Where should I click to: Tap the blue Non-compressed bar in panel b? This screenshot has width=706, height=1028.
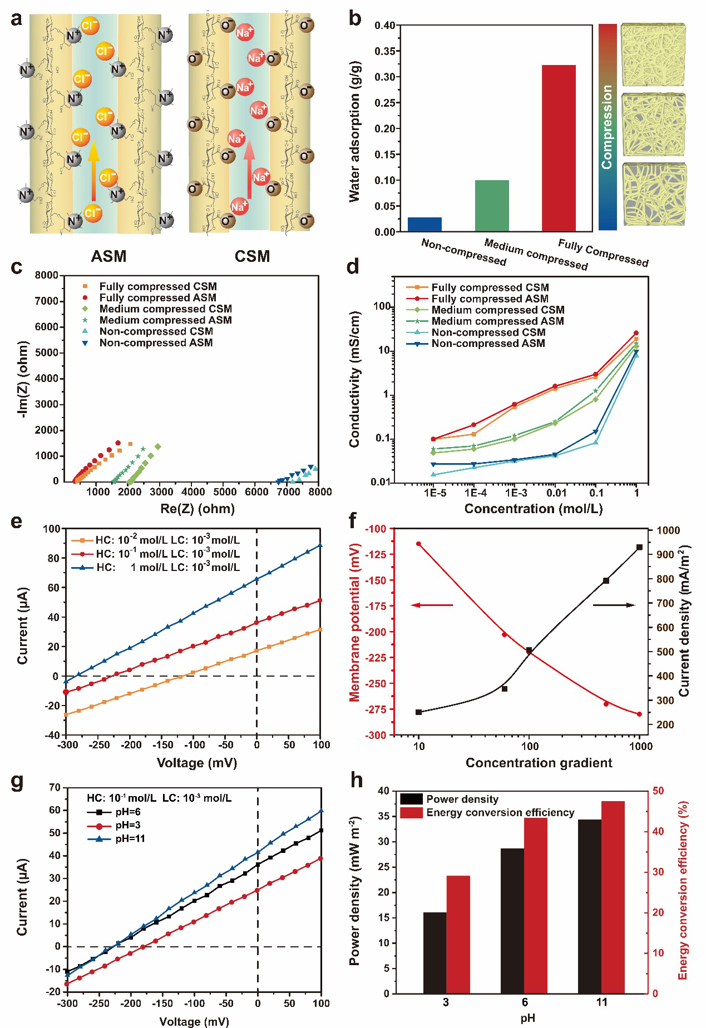(x=424, y=224)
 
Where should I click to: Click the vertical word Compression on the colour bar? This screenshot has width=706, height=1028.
(x=607, y=127)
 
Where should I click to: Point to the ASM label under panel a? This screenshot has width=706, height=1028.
(x=109, y=256)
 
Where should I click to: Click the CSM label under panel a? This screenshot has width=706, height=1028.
(x=252, y=256)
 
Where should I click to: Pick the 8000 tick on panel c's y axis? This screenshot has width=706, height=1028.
(x=47, y=275)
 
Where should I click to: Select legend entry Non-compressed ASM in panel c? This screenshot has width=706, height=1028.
(x=156, y=343)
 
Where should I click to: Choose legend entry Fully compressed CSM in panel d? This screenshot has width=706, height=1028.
(x=490, y=287)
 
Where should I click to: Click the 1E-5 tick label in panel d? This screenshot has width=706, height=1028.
(x=435, y=493)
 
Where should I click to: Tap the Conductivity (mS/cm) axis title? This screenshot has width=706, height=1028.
(x=354, y=379)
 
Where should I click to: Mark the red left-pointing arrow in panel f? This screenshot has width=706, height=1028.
(x=432, y=605)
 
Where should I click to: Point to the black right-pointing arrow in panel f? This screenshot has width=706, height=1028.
(x=614, y=605)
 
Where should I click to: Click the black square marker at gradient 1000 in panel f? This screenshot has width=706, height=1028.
(x=639, y=548)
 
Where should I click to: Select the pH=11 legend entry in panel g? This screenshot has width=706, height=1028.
(x=130, y=839)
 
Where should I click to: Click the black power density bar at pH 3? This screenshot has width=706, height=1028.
(x=435, y=952)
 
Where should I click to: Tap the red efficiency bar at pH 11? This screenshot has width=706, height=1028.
(x=613, y=897)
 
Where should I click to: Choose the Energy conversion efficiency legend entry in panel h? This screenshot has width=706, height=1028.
(x=500, y=813)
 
